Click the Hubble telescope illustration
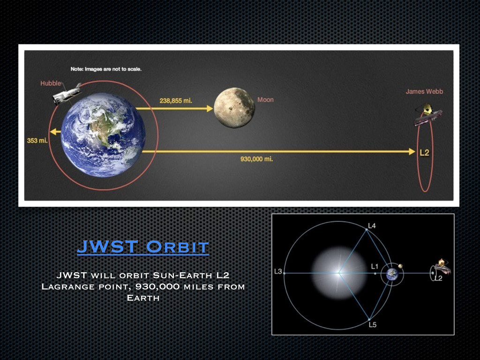tap(67, 94)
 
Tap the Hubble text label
tap(51, 83)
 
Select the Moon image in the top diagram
tap(234, 107)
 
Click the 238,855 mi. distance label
tap(176, 101)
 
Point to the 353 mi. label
tap(37, 141)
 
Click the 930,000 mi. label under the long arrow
tap(256, 159)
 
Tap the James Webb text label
tap(424, 91)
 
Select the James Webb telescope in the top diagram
tap(428, 115)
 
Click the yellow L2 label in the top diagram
tap(424, 152)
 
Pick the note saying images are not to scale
tap(106, 69)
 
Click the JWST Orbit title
tap(143, 247)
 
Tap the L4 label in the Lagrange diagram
tap(372, 226)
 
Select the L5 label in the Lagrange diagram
tap(373, 324)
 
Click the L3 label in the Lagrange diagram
tap(278, 271)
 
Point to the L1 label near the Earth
tap(375, 266)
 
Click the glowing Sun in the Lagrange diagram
tap(339, 273)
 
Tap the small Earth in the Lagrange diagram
tap(392, 274)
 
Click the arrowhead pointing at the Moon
tap(210, 108)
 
